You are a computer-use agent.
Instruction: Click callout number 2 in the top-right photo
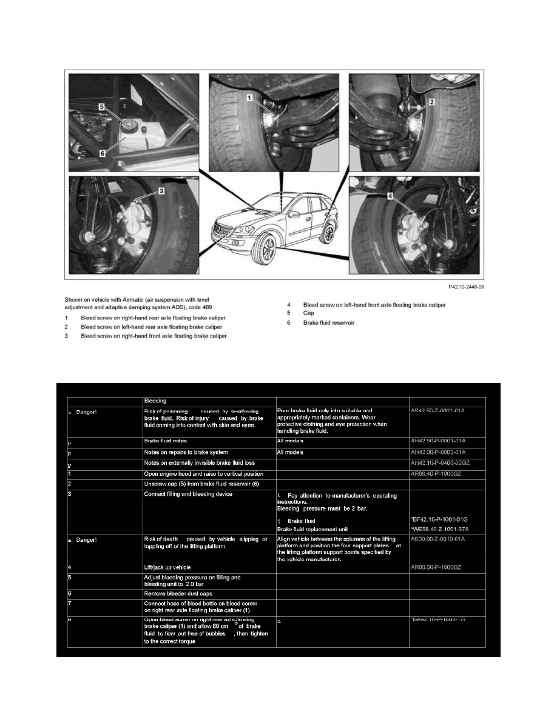click(x=431, y=102)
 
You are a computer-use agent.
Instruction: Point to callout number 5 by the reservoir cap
click(x=103, y=105)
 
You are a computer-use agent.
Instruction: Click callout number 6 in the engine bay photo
click(x=103, y=153)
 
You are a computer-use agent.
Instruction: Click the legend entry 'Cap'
click(x=309, y=313)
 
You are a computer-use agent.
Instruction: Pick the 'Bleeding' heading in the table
click(x=154, y=401)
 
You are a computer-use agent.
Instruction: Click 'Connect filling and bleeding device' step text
click(x=187, y=495)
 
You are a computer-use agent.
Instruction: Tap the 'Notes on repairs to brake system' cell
click(x=186, y=452)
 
